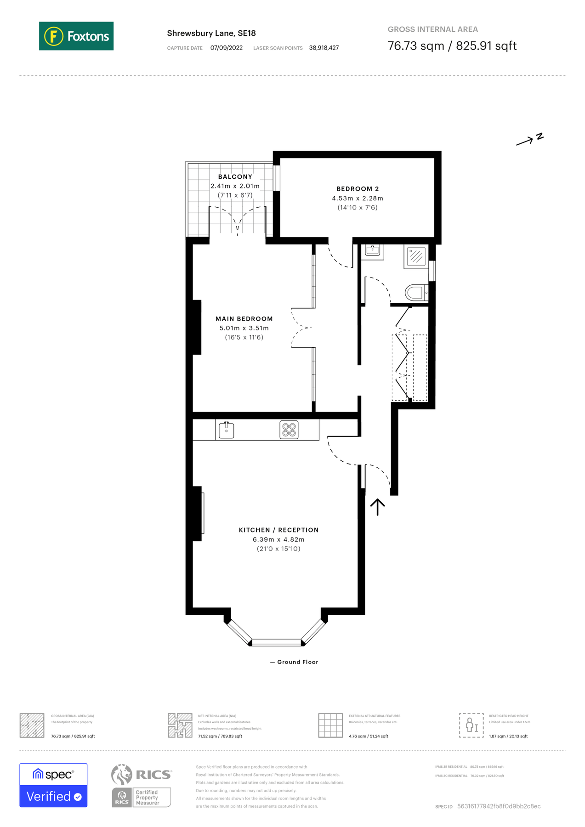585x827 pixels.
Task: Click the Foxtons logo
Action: pos(76,36)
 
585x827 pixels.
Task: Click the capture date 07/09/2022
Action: pos(226,48)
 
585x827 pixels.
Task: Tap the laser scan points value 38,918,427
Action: pos(324,48)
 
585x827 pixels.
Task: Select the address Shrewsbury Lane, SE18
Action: pos(211,33)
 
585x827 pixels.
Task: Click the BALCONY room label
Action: pos(235,177)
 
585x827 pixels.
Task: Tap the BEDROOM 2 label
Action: pos(358,189)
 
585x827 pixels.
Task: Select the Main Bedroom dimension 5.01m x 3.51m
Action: pos(244,328)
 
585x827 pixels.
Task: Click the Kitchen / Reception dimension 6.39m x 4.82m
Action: pos(278,539)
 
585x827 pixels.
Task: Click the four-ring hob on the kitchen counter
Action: pos(289,430)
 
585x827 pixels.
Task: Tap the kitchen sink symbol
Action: pos(226,430)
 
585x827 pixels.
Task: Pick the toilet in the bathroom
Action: pos(416,292)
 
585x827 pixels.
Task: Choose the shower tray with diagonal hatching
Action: pos(416,256)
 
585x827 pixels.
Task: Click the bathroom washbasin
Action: pos(372,250)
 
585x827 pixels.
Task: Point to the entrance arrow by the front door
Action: pos(377,507)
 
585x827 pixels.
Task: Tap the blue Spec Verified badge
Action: pos(53,785)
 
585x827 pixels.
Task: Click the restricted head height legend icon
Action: pos(471,725)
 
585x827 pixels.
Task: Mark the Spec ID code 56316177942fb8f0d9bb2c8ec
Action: pos(499,806)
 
